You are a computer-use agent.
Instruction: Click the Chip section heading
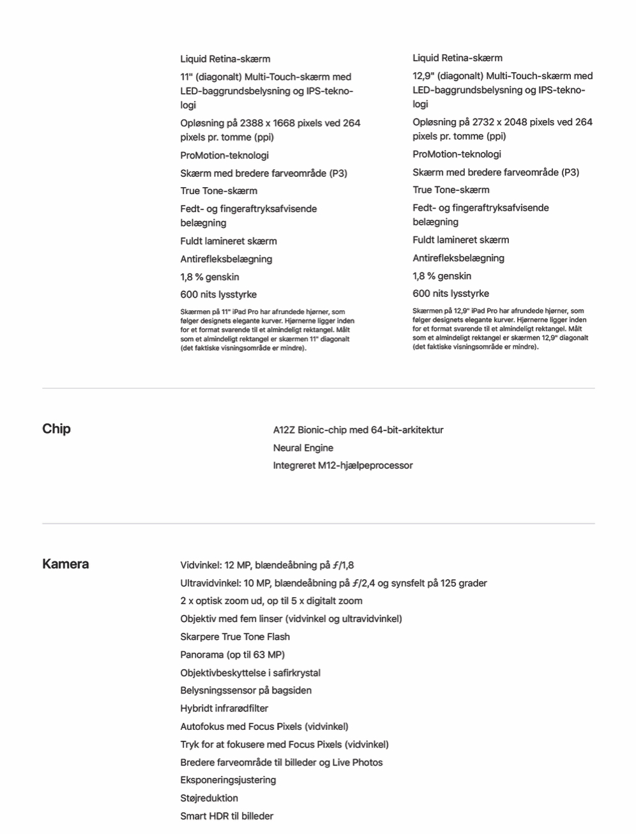point(56,428)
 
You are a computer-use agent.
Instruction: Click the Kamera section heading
point(65,564)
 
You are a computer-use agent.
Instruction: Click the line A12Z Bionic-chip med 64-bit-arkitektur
point(358,430)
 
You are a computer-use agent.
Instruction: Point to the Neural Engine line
point(303,448)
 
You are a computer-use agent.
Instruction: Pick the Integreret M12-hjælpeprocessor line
point(342,466)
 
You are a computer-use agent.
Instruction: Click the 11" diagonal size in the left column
point(186,77)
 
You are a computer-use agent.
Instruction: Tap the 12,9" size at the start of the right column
point(423,75)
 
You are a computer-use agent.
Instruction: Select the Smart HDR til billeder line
point(226,815)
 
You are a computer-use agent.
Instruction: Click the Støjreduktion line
point(209,798)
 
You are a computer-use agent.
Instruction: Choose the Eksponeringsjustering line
point(228,780)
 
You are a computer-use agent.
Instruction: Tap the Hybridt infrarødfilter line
point(223,708)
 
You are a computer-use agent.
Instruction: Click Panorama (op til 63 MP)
point(232,655)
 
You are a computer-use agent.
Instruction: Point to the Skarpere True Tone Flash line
point(234,637)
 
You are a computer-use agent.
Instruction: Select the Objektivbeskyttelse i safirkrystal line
point(250,672)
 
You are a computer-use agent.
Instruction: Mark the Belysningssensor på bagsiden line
point(245,690)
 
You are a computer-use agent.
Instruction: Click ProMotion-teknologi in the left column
point(224,155)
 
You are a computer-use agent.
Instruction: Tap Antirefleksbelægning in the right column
point(458,258)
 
